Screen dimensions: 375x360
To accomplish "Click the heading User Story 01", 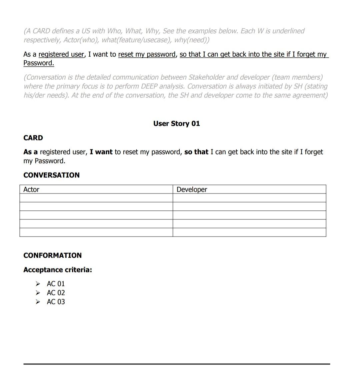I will click(176, 124).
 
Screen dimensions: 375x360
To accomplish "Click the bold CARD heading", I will click(33, 138).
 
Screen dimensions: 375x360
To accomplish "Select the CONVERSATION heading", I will click(51, 175).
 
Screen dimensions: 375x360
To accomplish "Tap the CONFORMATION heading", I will click(52, 255).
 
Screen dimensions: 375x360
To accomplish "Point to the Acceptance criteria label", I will click(57, 270).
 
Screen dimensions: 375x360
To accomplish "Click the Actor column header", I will click(31, 189).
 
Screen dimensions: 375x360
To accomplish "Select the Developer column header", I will click(192, 189).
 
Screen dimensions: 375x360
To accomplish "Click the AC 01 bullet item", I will click(56, 284).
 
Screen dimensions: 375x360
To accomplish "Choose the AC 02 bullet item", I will click(56, 293).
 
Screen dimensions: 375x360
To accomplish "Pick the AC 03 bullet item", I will click(56, 302).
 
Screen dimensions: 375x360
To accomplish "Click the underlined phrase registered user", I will click(61, 54).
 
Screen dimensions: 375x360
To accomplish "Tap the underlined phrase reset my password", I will click(147, 54).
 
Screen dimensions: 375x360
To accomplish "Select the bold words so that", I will click(196, 152).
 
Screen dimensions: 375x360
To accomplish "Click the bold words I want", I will click(101, 152).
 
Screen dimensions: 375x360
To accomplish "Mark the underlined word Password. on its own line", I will click(39, 63).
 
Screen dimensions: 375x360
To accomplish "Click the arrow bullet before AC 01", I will click(38, 284).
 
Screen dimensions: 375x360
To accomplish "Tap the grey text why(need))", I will click(192, 40).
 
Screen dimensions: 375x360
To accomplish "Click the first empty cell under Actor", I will click(96, 198).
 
